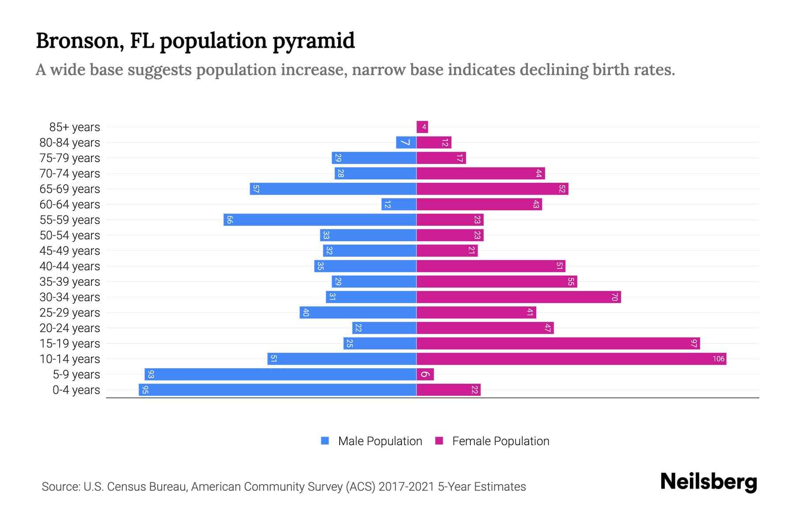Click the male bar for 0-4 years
tap(277, 390)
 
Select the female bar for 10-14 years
tap(571, 359)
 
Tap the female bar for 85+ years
tap(422, 127)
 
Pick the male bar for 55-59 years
tap(320, 220)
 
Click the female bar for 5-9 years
tap(425, 374)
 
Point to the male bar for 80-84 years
tap(406, 143)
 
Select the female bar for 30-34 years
tap(519, 297)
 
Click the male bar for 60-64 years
tap(399, 204)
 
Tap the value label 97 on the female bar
tap(694, 343)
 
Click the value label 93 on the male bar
tap(151, 374)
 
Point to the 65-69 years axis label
tap(70, 189)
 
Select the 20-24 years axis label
tap(70, 328)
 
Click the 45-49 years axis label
tap(70, 251)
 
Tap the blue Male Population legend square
tap(325, 441)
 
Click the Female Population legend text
tap(500, 441)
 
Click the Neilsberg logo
tap(708, 482)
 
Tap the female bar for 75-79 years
tap(441, 158)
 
